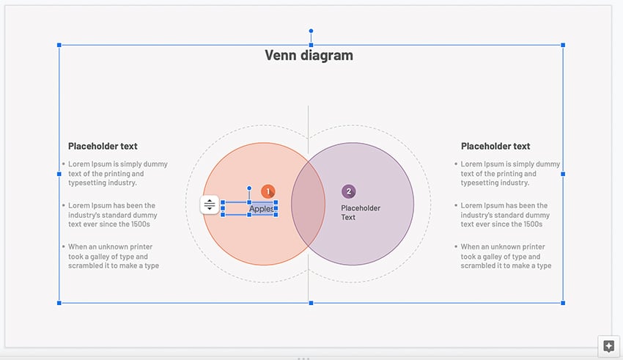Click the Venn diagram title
(309, 55)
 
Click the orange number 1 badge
(268, 191)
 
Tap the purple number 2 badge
(349, 191)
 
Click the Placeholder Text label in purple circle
(361, 213)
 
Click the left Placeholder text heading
(103, 146)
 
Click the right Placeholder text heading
(495, 146)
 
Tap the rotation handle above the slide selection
(311, 32)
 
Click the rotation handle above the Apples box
(249, 188)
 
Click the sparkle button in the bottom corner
(608, 346)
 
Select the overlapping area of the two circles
(309, 204)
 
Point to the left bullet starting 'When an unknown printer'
(114, 257)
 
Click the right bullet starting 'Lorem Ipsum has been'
(505, 215)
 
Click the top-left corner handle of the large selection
(59, 45)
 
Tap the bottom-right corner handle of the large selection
(563, 302)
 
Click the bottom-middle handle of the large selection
(311, 302)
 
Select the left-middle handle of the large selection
(59, 174)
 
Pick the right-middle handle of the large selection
(563, 174)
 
